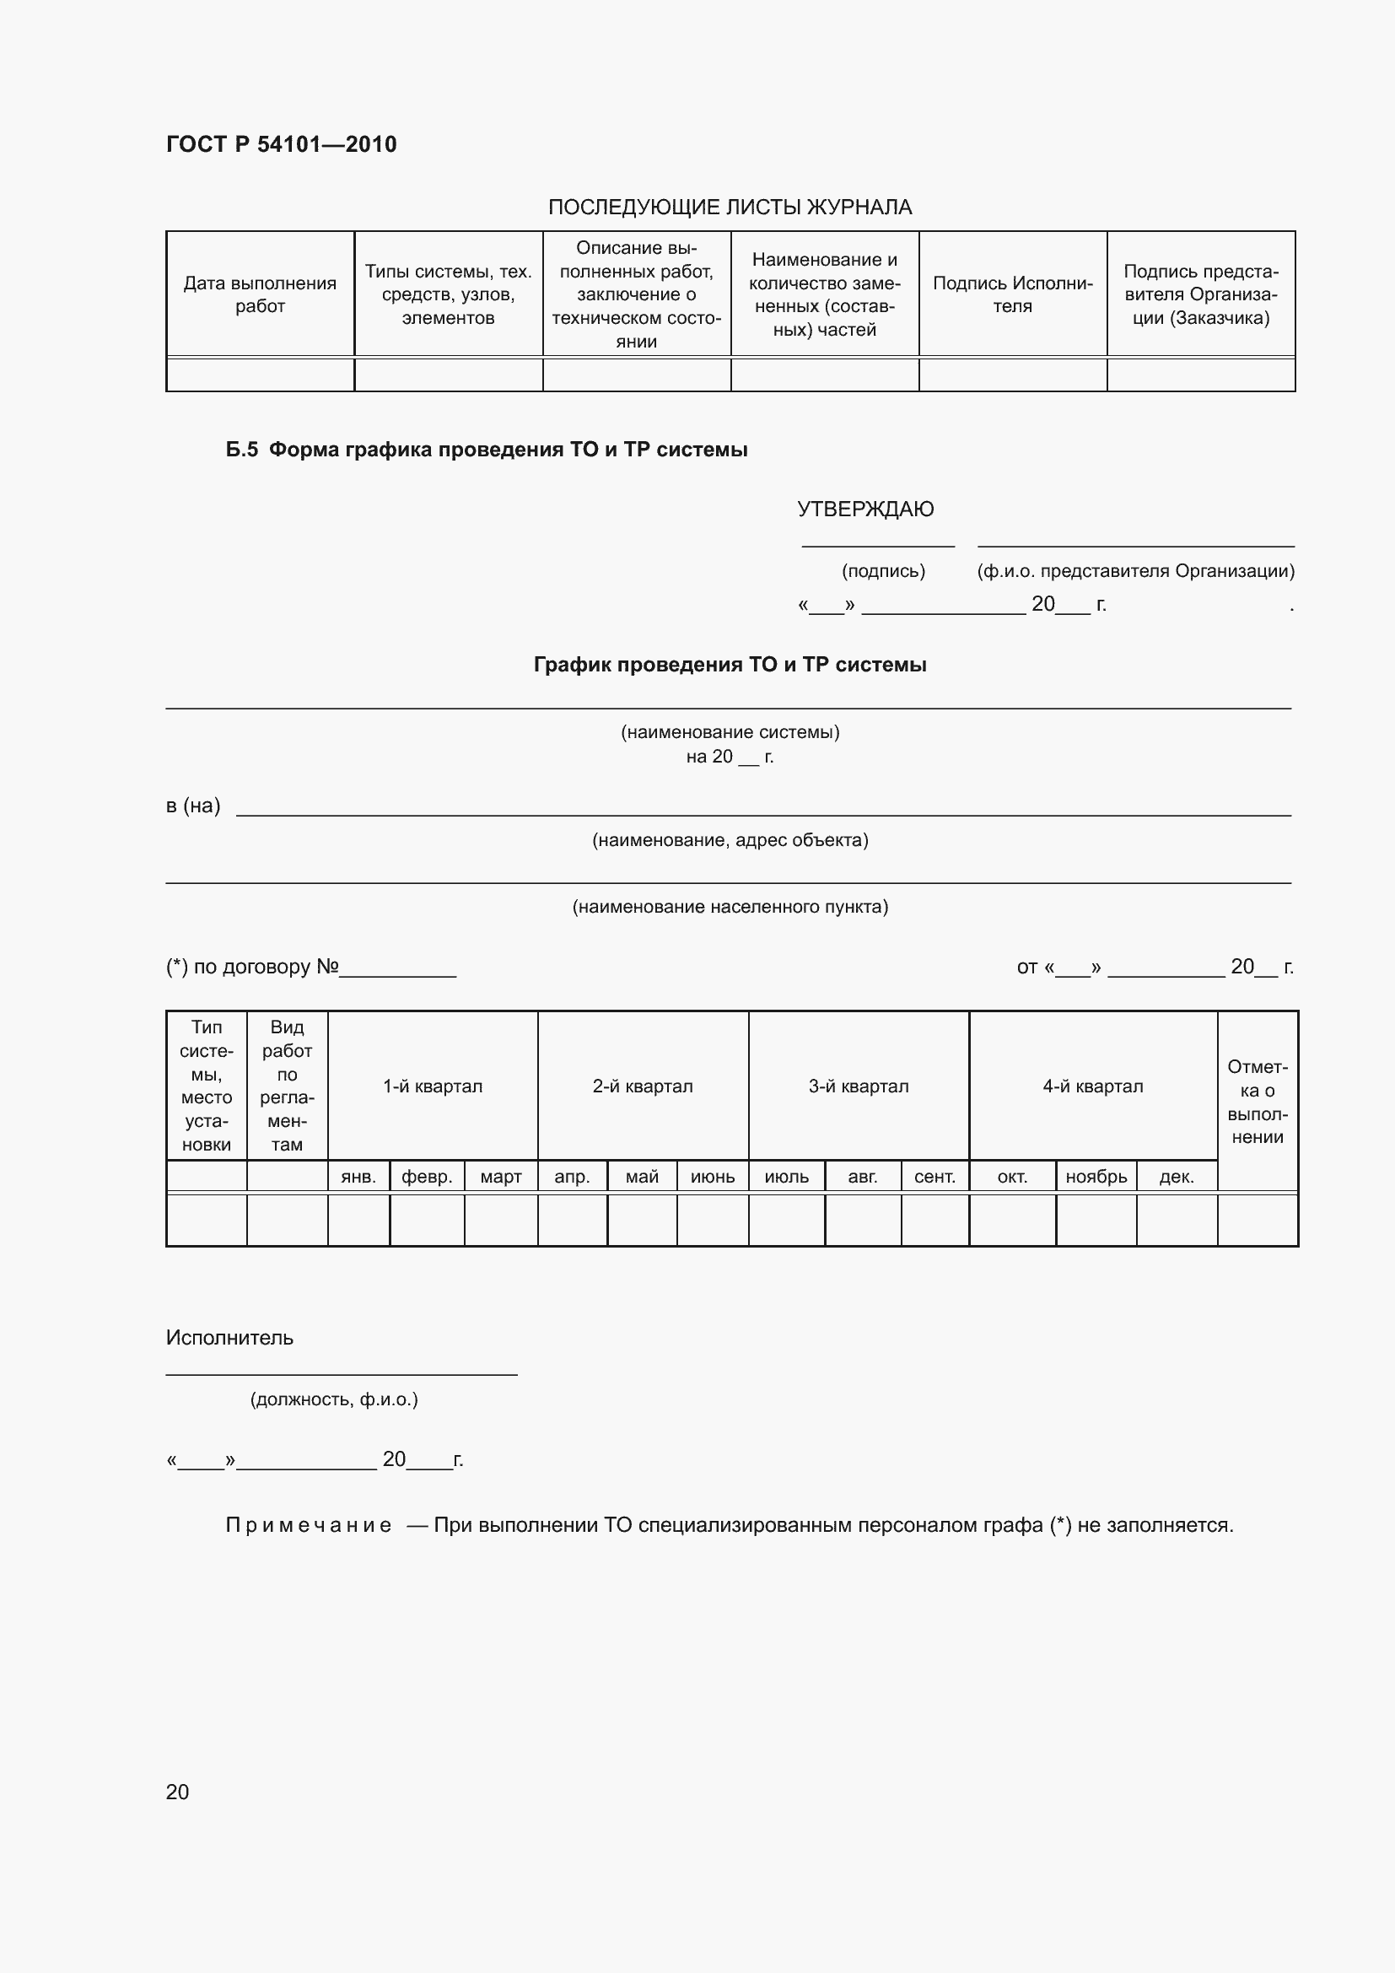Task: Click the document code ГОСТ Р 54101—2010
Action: (x=281, y=144)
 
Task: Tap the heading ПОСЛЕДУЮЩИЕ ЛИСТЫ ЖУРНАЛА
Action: (x=730, y=208)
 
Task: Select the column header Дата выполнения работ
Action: (x=260, y=294)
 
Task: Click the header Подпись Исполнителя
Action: (x=1012, y=294)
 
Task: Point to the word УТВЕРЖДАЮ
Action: (x=865, y=509)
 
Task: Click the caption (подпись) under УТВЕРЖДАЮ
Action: (x=883, y=571)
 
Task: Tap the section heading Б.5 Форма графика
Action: (x=486, y=450)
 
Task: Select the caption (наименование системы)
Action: (x=730, y=732)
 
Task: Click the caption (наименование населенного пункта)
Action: (x=730, y=907)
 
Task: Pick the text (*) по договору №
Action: (x=252, y=967)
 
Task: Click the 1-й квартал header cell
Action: (x=432, y=1086)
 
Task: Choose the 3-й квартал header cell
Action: (x=858, y=1086)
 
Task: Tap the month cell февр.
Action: (x=427, y=1177)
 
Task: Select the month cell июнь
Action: (x=712, y=1177)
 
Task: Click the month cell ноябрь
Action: (x=1096, y=1177)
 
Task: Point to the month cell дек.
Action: (x=1176, y=1177)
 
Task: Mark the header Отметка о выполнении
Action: (x=1257, y=1102)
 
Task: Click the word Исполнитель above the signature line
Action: (x=229, y=1338)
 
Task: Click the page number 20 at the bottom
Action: (x=177, y=1792)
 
